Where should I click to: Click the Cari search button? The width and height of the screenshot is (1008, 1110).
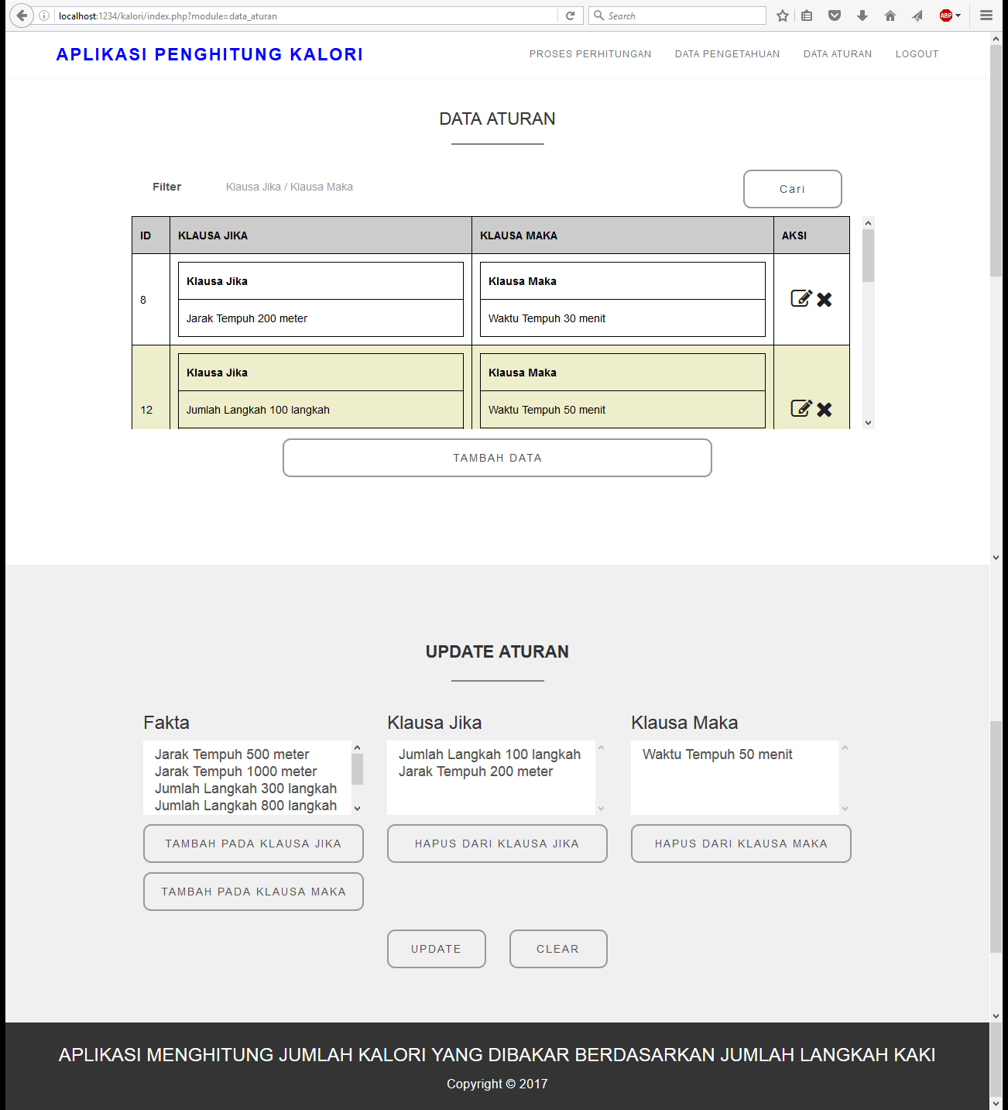[x=792, y=189]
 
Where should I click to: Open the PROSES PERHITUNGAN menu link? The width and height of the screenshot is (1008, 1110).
[x=590, y=54]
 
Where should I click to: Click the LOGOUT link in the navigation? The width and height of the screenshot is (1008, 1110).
[x=917, y=54]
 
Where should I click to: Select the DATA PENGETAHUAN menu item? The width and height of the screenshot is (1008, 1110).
[x=727, y=54]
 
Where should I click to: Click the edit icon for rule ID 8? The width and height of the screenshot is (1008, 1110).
[x=801, y=299]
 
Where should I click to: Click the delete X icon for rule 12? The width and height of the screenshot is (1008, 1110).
[x=825, y=410]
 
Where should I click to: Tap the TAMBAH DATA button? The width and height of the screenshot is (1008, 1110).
[x=497, y=458]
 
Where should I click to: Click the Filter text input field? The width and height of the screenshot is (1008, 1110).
[x=465, y=187]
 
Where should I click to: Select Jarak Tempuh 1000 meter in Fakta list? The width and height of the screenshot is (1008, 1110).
[x=235, y=772]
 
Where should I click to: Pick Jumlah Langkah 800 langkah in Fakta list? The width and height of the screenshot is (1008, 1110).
[x=245, y=806]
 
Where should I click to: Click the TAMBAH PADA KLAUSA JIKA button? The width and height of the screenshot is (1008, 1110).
[x=253, y=844]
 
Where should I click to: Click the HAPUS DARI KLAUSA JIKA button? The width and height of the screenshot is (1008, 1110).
[x=497, y=844]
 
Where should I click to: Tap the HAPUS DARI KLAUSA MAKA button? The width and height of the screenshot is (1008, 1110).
[x=741, y=844]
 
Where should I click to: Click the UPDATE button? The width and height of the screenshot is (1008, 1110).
[x=436, y=949]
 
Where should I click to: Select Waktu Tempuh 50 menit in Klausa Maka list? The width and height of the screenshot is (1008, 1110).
[x=717, y=754]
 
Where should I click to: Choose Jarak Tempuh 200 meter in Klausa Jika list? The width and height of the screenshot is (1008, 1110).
[x=475, y=772]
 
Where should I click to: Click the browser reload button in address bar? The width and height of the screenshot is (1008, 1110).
[x=571, y=15]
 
